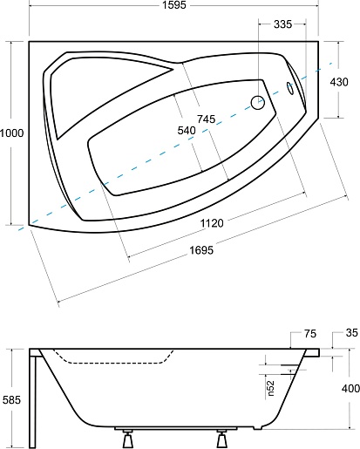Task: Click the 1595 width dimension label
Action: (x=173, y=5)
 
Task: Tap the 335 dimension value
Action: (x=282, y=24)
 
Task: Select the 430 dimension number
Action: (x=339, y=82)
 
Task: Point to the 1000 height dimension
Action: (x=11, y=133)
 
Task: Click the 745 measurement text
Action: (x=207, y=119)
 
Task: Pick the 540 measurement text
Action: (x=187, y=131)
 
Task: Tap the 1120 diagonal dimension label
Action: (x=212, y=223)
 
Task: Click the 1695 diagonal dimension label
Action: (x=201, y=250)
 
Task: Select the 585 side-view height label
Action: (x=11, y=400)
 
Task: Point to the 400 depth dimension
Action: (x=350, y=389)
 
